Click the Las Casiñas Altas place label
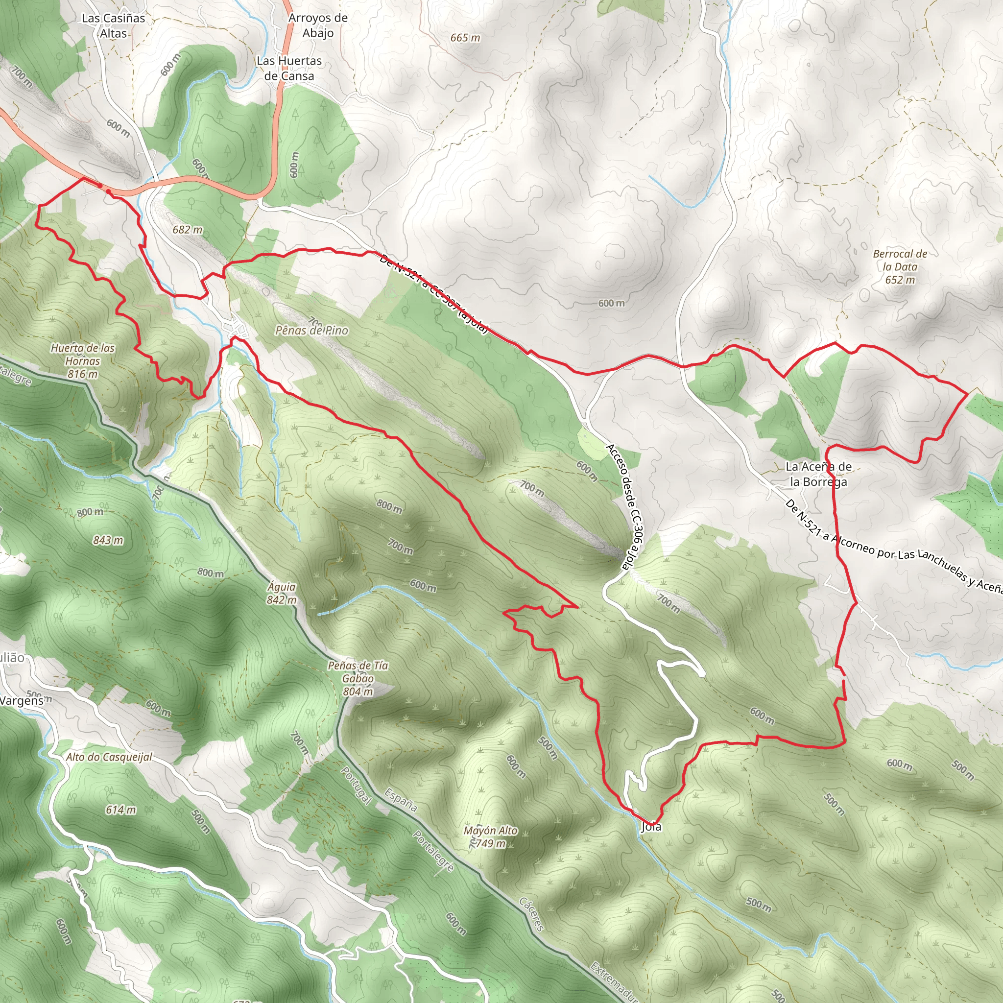[113, 25]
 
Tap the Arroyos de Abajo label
[318, 25]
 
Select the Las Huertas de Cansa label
[289, 68]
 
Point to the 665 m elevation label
[465, 38]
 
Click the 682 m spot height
[188, 230]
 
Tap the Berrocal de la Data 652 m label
[900, 267]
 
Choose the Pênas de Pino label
[311, 331]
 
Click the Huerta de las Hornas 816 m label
[83, 361]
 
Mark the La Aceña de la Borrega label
[818, 474]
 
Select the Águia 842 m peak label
[282, 594]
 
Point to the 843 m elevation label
[108, 541]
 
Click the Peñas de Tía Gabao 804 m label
[358, 678]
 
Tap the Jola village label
[651, 827]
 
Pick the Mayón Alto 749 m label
[491, 837]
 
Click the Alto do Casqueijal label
[109, 757]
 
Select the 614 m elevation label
[121, 810]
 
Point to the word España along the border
[401, 801]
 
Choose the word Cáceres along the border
[531, 914]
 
